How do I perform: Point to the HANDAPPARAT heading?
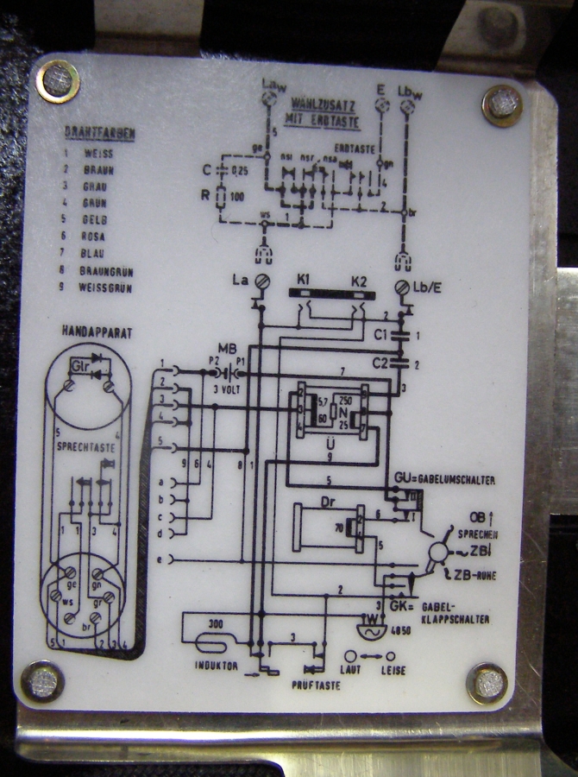click(x=97, y=332)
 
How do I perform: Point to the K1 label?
click(x=303, y=282)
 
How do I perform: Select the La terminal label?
click(x=240, y=281)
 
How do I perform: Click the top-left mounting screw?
click(x=59, y=81)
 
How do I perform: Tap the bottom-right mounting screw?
click(x=487, y=682)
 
